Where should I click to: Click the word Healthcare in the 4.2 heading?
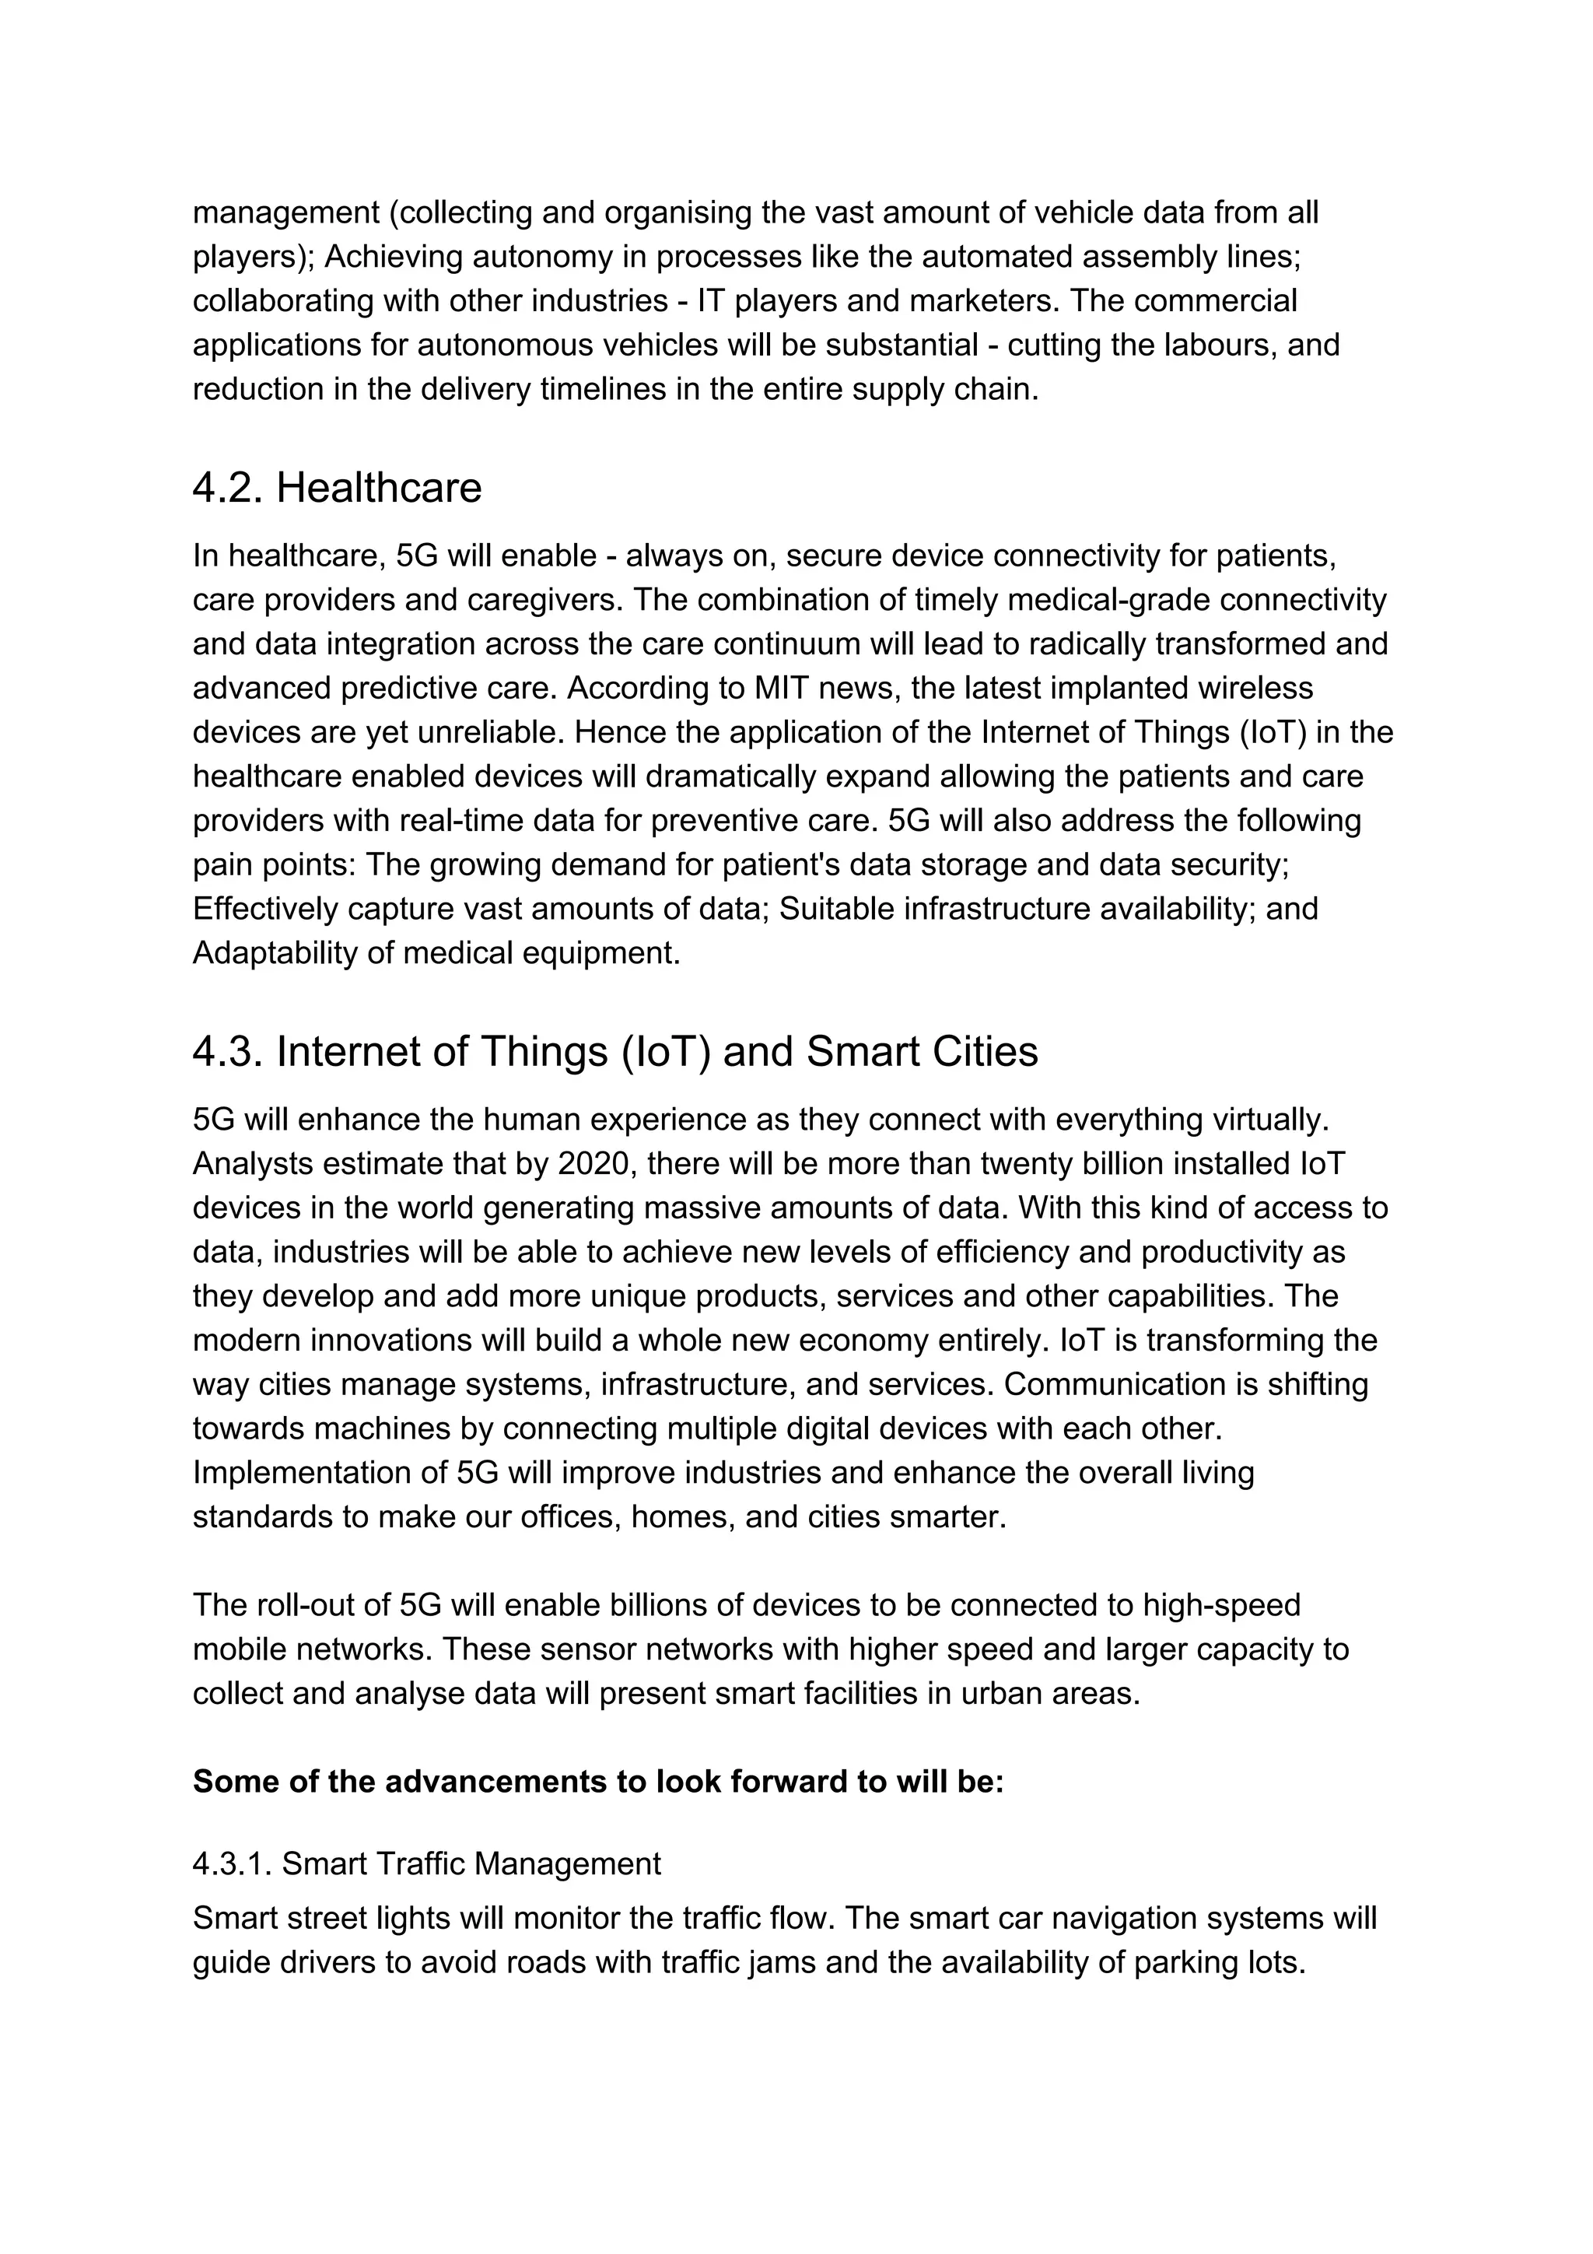(x=379, y=489)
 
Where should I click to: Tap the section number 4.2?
(x=228, y=489)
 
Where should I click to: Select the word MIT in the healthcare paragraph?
(x=779, y=688)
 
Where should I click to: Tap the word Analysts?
(x=252, y=1164)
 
